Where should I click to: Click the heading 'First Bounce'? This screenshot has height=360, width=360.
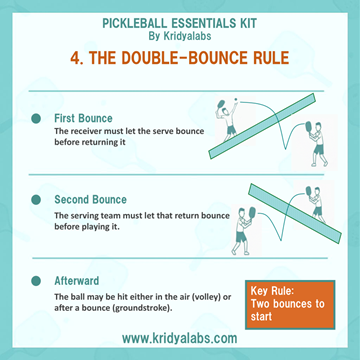click(x=83, y=118)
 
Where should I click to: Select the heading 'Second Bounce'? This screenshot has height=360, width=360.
click(x=91, y=200)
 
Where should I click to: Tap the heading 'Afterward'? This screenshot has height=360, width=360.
click(x=77, y=281)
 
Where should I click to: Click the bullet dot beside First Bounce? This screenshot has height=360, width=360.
click(x=36, y=118)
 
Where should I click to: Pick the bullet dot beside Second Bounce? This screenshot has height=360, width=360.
click(x=36, y=200)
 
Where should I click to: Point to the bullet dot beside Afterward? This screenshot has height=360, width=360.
click(x=36, y=281)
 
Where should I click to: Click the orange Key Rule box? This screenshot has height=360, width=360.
click(x=290, y=305)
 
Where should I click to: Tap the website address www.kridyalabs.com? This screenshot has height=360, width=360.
click(x=180, y=338)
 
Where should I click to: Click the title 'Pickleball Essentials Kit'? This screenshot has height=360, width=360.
click(x=180, y=24)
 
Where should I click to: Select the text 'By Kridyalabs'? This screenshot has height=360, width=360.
click(x=180, y=36)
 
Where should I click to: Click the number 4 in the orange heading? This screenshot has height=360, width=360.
click(x=75, y=58)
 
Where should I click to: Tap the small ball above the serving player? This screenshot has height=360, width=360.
click(x=236, y=100)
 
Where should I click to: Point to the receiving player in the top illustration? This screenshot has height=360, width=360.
click(x=315, y=144)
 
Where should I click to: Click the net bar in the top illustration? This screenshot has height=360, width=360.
click(x=262, y=126)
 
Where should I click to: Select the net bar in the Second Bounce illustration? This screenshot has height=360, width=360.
click(x=295, y=213)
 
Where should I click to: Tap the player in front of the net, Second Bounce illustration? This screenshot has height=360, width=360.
click(x=243, y=231)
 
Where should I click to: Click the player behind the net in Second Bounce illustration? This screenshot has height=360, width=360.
click(x=315, y=204)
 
